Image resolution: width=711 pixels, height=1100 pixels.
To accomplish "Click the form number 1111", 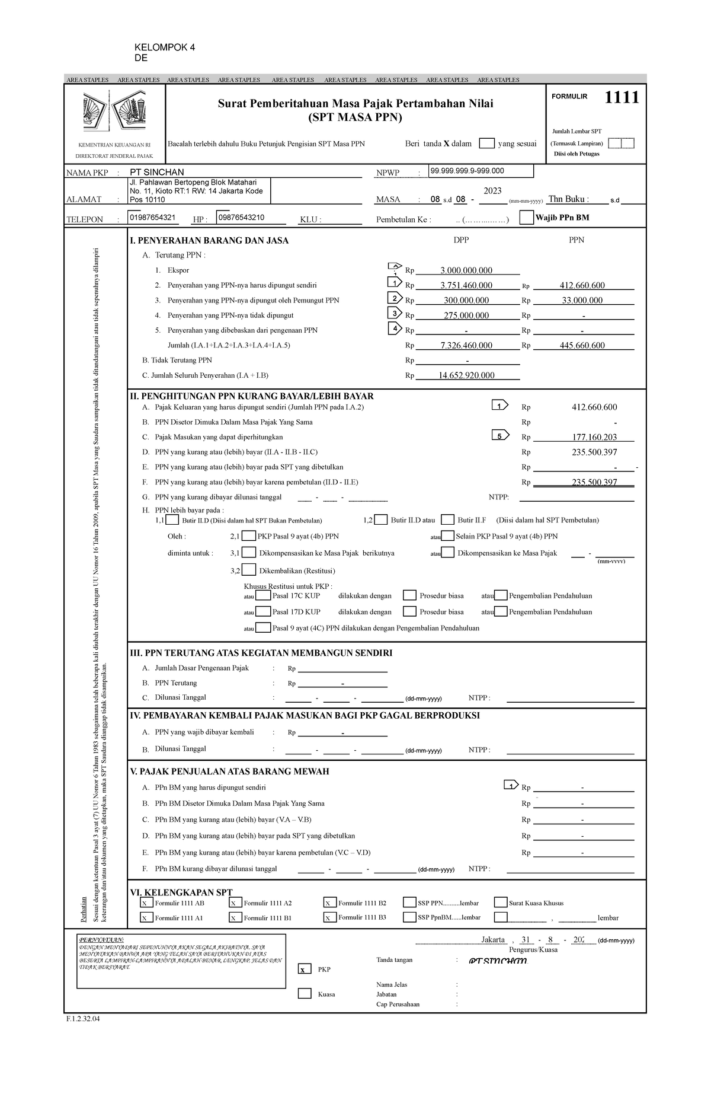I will (x=622, y=97).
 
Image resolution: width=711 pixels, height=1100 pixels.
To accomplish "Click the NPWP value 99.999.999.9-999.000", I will (x=467, y=171).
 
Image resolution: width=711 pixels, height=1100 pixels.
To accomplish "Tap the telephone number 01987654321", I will (x=152, y=218).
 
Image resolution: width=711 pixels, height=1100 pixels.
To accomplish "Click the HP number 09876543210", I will (x=241, y=218).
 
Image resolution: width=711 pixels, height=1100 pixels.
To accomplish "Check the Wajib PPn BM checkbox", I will (x=526, y=218).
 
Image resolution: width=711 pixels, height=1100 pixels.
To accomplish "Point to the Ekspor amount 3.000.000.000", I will (x=466, y=270).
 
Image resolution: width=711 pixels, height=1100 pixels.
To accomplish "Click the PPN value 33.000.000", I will (x=582, y=300).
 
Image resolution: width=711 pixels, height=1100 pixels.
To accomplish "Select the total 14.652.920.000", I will (x=466, y=375).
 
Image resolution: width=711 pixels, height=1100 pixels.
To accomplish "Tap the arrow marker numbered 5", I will (x=500, y=436).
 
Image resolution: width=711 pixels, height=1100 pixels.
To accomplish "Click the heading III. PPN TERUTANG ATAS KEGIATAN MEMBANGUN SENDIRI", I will (x=261, y=653).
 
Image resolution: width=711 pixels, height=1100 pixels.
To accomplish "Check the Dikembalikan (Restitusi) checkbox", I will (x=249, y=570).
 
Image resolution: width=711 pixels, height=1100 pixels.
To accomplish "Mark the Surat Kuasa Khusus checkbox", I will (x=500, y=903).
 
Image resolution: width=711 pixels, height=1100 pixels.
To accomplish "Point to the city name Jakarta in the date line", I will (x=493, y=939).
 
